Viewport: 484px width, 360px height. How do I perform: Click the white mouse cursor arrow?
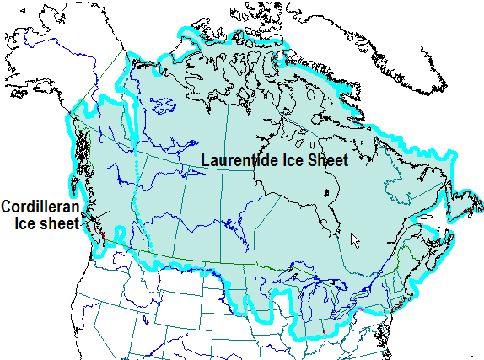pyautogui.click(x=355, y=239)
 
